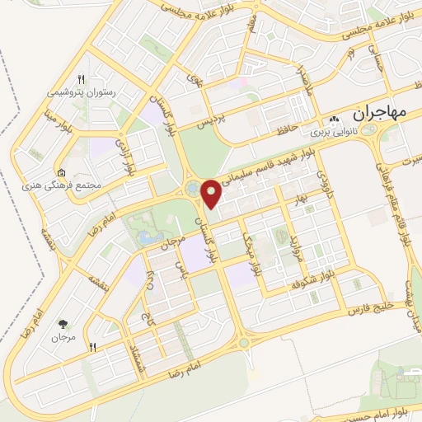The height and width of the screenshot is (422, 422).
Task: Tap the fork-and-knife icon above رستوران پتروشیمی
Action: click(x=80, y=80)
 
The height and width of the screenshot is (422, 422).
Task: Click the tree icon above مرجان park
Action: click(x=63, y=324)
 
